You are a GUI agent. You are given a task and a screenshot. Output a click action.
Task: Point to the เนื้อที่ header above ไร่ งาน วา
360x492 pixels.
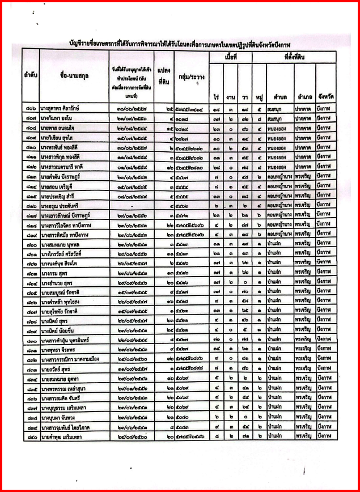click(x=230, y=57)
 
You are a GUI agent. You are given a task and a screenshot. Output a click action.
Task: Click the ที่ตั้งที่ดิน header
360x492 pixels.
click(x=293, y=57)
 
